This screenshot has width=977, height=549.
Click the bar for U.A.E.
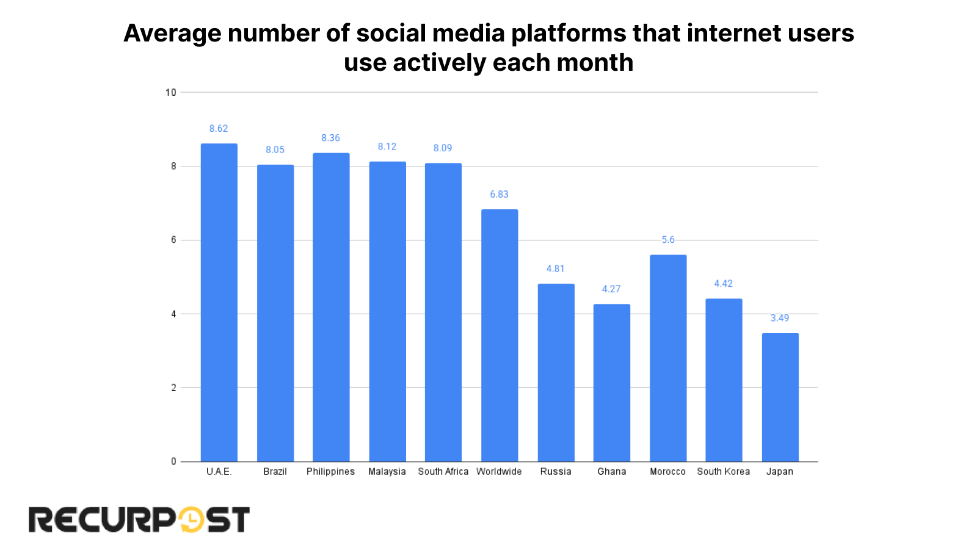point(219,303)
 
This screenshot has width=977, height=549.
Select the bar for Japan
point(780,397)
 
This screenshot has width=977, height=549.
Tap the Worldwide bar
point(499,335)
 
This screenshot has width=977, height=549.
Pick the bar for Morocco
point(668,358)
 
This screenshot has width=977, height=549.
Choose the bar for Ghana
point(612,382)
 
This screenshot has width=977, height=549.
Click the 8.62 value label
point(219,129)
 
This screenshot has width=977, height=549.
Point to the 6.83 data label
point(499,195)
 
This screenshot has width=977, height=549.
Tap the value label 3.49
point(780,318)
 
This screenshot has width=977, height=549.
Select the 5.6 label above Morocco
point(668,240)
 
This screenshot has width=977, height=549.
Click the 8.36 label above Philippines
point(331,138)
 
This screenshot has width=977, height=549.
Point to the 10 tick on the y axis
point(170,93)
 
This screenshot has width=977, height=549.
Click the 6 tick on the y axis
point(173,240)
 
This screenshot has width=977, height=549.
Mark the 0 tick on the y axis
point(173,462)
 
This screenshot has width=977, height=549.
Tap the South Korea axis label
point(724,472)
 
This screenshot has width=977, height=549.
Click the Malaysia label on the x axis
point(387,472)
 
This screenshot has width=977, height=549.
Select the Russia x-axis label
point(556,472)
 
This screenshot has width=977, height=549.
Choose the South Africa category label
point(443,472)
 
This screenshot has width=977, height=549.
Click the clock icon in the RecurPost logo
point(192,520)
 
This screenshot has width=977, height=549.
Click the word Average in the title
point(172,34)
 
